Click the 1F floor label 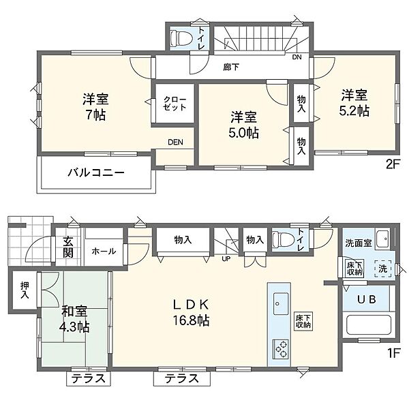(x=393, y=353)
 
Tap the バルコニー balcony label (x=96, y=172)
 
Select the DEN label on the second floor (x=175, y=142)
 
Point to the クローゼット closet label (x=175, y=104)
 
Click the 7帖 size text (x=95, y=115)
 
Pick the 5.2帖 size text (x=354, y=111)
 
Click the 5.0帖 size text (x=244, y=133)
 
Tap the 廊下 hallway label (x=231, y=67)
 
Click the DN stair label (x=297, y=57)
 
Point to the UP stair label (x=226, y=259)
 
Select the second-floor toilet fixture (x=181, y=39)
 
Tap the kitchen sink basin (x=281, y=303)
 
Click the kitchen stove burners (x=281, y=348)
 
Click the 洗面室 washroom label (x=359, y=243)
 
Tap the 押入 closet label (x=25, y=290)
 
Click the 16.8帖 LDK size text (x=191, y=320)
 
